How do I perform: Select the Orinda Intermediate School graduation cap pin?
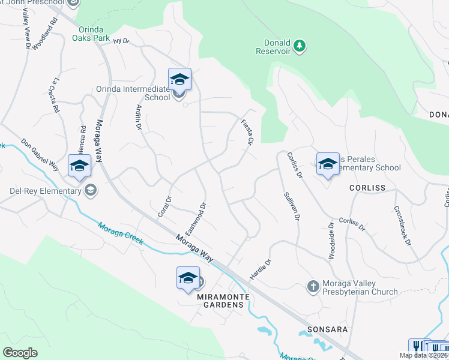click(x=179, y=79)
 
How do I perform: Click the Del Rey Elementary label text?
click(x=45, y=191)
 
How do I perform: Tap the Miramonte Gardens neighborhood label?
click(x=220, y=304)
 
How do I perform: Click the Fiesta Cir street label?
click(x=246, y=131)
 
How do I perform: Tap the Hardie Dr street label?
click(x=261, y=269)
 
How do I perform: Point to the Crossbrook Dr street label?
click(x=403, y=226)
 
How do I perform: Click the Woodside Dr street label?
click(x=331, y=241)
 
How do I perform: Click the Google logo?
click(x=20, y=352)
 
